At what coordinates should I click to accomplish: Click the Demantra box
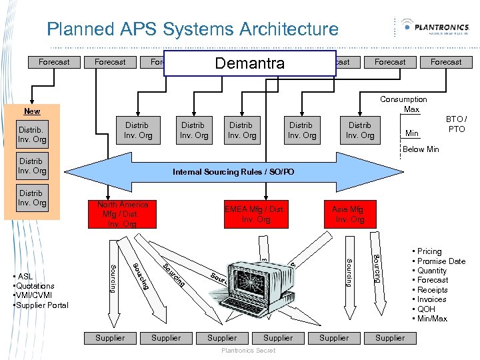click(x=249, y=63)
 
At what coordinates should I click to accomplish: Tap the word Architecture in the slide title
click(x=287, y=29)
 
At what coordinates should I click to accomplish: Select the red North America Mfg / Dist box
click(x=123, y=214)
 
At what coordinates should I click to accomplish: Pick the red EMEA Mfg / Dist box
click(x=255, y=214)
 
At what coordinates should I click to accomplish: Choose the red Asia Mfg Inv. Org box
click(x=349, y=214)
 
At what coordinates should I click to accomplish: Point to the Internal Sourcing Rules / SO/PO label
click(x=233, y=172)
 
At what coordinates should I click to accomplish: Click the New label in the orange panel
click(x=32, y=111)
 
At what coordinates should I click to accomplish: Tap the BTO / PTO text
click(x=457, y=124)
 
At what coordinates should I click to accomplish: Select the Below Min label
click(x=421, y=149)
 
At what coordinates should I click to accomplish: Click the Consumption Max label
click(x=403, y=104)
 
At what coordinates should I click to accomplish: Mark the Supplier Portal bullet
click(x=41, y=305)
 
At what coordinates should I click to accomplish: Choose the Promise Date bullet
click(x=441, y=261)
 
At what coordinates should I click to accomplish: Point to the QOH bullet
click(x=425, y=309)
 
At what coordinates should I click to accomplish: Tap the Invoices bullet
click(x=431, y=299)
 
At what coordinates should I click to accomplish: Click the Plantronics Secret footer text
click(x=247, y=351)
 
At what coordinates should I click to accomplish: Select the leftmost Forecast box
click(x=54, y=62)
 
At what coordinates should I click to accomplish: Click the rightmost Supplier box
click(x=390, y=338)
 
